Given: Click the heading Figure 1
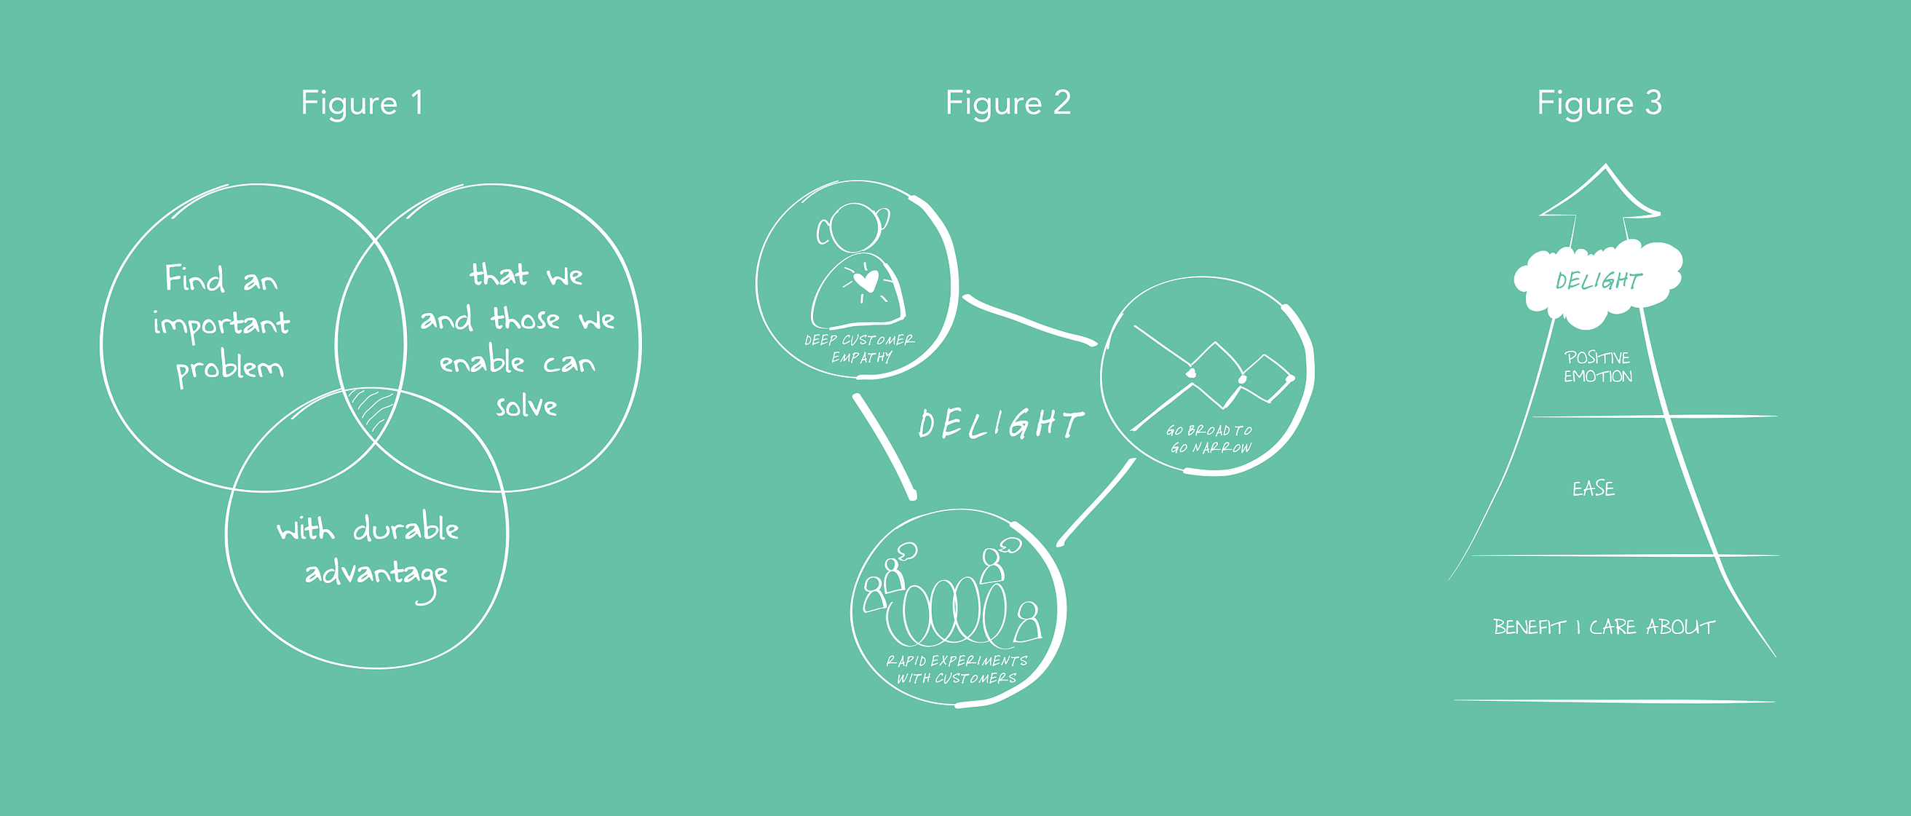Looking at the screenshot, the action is coord(362,103).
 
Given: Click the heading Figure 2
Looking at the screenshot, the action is coord(1008,103).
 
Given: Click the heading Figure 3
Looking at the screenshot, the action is coord(1599,103).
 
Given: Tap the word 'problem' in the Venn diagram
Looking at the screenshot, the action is coord(229,368).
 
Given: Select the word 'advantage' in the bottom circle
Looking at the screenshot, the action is coord(376,574).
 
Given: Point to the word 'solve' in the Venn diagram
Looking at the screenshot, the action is coord(526,405).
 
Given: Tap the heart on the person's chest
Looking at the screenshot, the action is coord(865,280).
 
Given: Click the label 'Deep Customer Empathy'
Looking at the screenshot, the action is coord(860,349).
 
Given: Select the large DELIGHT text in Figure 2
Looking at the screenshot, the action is coord(1000,424).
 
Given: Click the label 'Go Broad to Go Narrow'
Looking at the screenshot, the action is coord(1210,439).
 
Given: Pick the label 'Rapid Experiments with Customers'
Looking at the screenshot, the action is coord(957,669).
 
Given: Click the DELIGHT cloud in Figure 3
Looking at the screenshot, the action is coord(1598,282).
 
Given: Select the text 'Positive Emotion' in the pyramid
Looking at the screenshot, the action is coord(1597,367).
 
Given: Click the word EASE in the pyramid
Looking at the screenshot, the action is coord(1593,488).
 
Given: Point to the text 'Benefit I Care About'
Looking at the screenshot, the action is coord(1604,627).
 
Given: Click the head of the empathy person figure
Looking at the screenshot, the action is coord(855,226).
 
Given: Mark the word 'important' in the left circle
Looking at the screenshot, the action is coord(221,324).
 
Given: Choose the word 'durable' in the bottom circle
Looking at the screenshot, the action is coord(405,528).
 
